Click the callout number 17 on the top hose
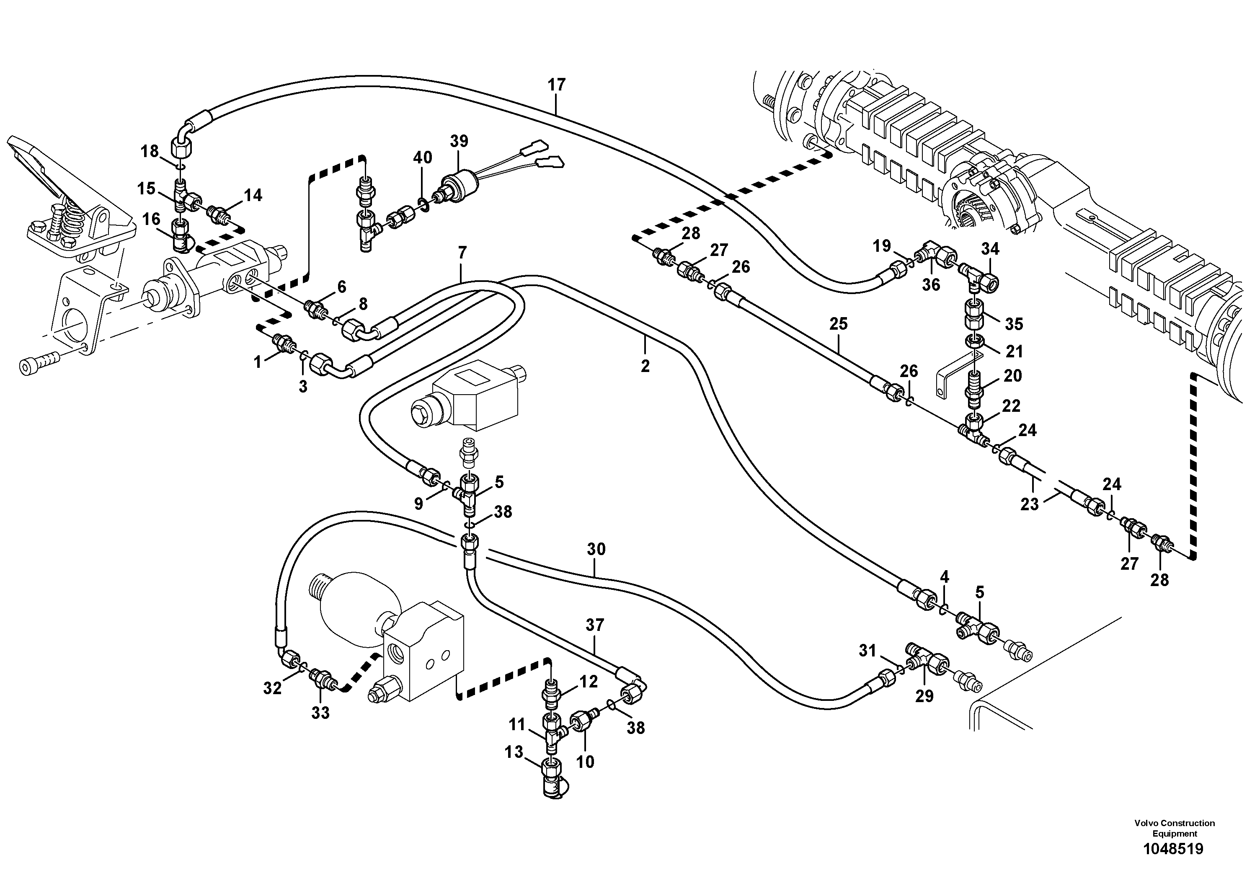(x=557, y=85)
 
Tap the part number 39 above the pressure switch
(x=459, y=141)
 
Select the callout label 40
(x=423, y=158)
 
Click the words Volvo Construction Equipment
(x=1174, y=828)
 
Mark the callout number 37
(x=595, y=625)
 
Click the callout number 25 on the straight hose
(x=839, y=324)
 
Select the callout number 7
(x=462, y=253)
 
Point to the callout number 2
(x=645, y=367)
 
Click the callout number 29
(x=924, y=696)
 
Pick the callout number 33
(x=320, y=713)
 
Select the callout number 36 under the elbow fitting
(x=931, y=284)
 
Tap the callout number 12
(x=588, y=682)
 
